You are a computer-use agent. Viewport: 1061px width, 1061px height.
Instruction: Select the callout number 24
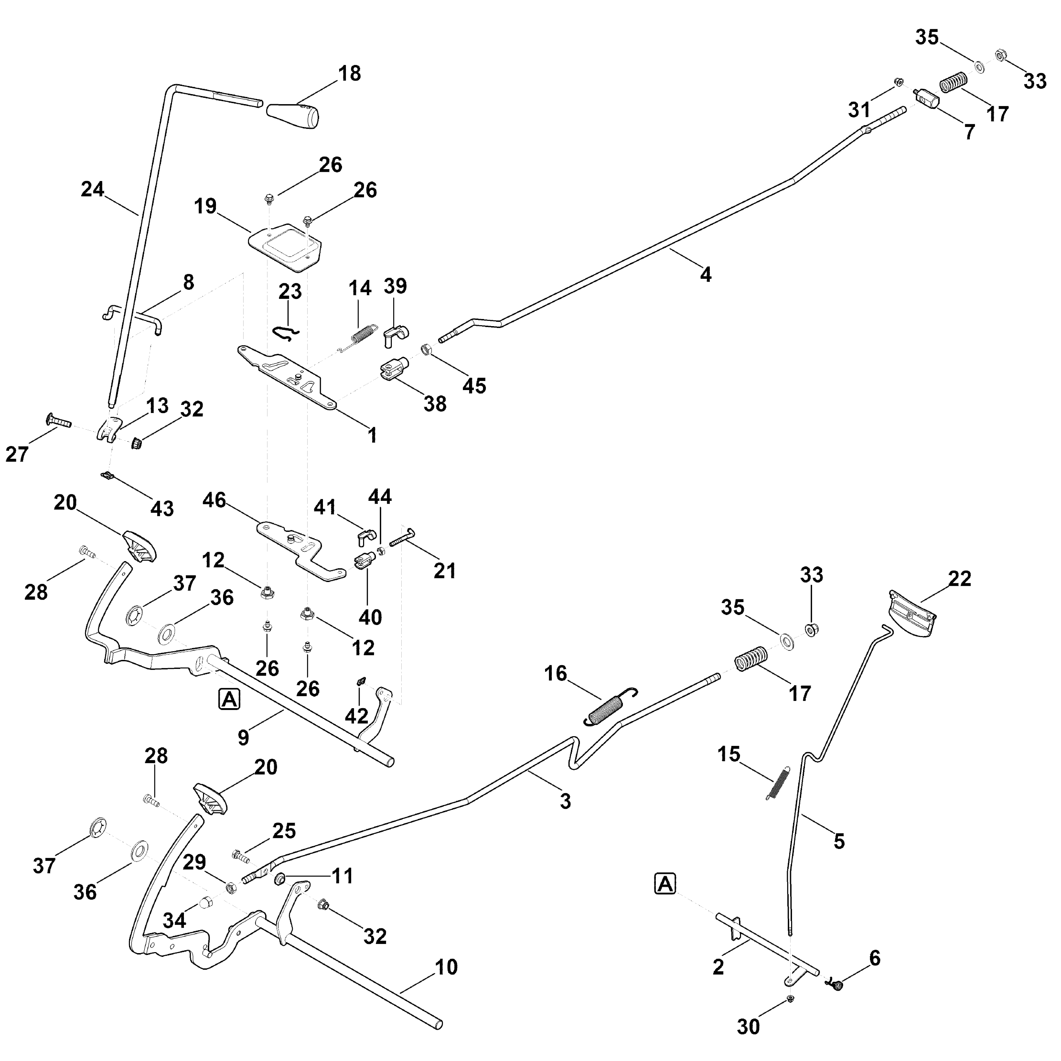coord(92,190)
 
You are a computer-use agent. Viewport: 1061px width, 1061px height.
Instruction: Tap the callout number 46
coord(214,500)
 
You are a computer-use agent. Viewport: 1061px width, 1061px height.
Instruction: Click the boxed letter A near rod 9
coord(229,699)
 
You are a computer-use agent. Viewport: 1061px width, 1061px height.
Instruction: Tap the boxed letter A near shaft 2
coord(665,884)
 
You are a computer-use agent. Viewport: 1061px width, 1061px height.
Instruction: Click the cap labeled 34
coord(205,902)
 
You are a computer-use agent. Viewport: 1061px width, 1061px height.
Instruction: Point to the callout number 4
coord(706,274)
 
